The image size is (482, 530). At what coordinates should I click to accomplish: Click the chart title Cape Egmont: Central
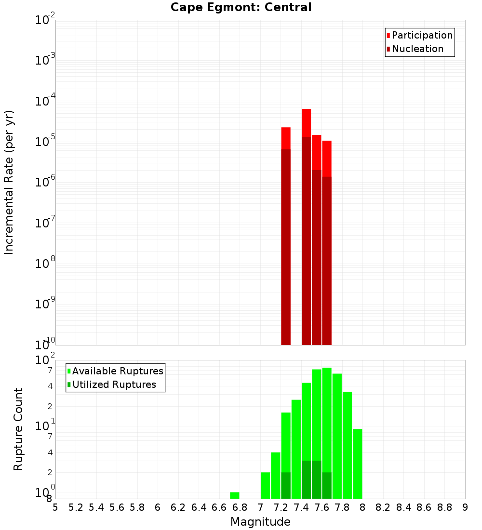tap(241, 7)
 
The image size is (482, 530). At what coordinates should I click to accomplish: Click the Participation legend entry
tap(419, 36)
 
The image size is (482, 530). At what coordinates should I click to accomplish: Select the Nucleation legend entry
tap(415, 49)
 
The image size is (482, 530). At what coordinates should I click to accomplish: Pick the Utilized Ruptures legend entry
tap(111, 385)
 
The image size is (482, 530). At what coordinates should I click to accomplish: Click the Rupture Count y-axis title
tap(18, 429)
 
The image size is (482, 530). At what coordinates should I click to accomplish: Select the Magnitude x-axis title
tap(260, 522)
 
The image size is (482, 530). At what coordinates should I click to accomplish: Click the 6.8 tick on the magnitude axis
tap(240, 507)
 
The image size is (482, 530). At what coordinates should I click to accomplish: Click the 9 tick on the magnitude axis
tap(465, 507)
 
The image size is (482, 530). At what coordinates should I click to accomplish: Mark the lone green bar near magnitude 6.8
tap(235, 495)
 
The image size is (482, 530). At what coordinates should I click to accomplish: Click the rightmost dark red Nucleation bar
tap(327, 260)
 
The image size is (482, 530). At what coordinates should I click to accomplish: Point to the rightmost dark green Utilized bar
tap(327, 485)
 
